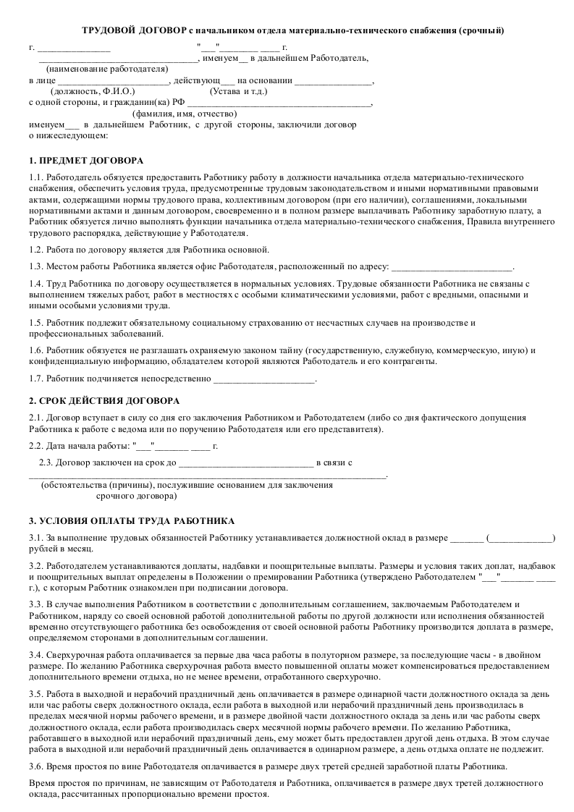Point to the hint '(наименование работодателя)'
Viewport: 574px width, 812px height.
tap(102, 69)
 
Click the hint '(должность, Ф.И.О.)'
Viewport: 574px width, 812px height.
tap(93, 92)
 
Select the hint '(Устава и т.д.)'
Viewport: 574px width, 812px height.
tap(238, 92)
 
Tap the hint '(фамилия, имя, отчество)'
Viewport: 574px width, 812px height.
tap(185, 114)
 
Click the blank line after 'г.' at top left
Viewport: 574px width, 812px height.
tap(74, 48)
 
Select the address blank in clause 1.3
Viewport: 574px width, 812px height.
tap(452, 268)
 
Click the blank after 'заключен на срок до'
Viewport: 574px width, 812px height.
tap(245, 462)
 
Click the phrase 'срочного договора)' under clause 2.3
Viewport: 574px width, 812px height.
tap(136, 497)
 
